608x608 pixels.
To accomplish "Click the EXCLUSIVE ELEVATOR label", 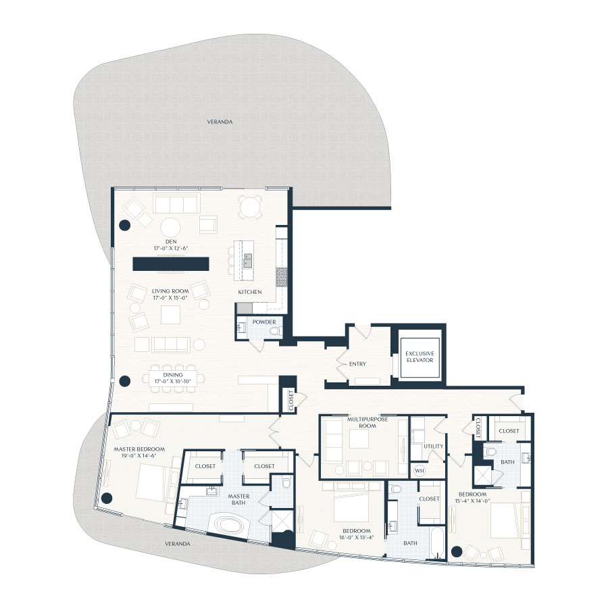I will [x=420, y=358].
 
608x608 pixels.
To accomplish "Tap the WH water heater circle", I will [x=418, y=471].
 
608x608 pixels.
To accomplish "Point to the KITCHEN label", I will [x=249, y=292].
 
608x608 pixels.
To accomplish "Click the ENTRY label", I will [x=357, y=364].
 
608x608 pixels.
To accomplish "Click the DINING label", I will [x=162, y=375].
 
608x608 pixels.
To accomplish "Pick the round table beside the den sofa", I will [x=169, y=226].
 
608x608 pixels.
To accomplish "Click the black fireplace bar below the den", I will [x=170, y=264].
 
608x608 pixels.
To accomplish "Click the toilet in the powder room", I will [x=274, y=330].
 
